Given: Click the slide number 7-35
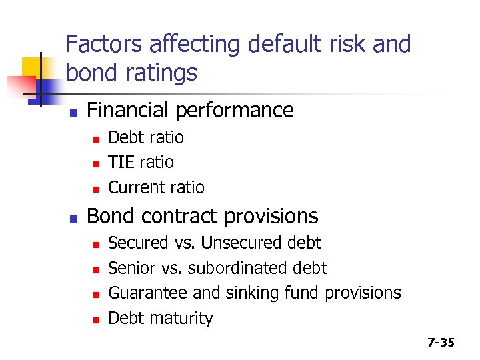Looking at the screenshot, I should (441, 343).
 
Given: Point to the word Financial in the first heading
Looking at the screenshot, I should (134, 110).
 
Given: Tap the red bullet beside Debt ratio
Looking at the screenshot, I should (96, 139).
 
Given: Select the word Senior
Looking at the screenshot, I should (130, 268).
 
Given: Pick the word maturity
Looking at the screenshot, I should (185, 319).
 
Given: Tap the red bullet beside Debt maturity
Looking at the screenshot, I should (96, 320).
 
